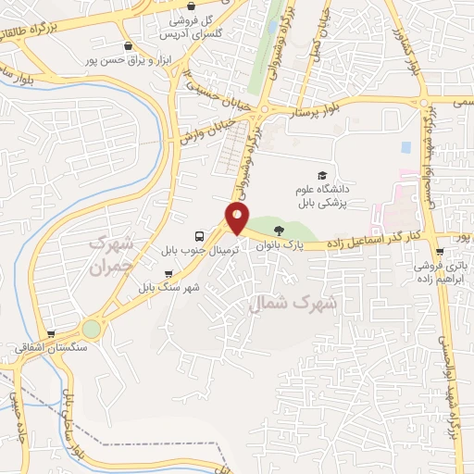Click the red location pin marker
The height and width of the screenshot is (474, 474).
click(238, 218)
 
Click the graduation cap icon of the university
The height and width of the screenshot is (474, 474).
click(322, 176)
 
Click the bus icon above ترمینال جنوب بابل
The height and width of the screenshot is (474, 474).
click(199, 236)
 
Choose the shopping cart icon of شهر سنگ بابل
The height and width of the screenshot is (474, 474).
click(168, 273)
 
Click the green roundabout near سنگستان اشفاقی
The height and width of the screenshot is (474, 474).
click(91, 329)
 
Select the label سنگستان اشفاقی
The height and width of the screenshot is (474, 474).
click(51, 348)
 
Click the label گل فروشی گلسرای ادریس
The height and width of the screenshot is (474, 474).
click(193, 26)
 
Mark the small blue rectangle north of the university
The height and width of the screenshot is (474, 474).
click(405, 147)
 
